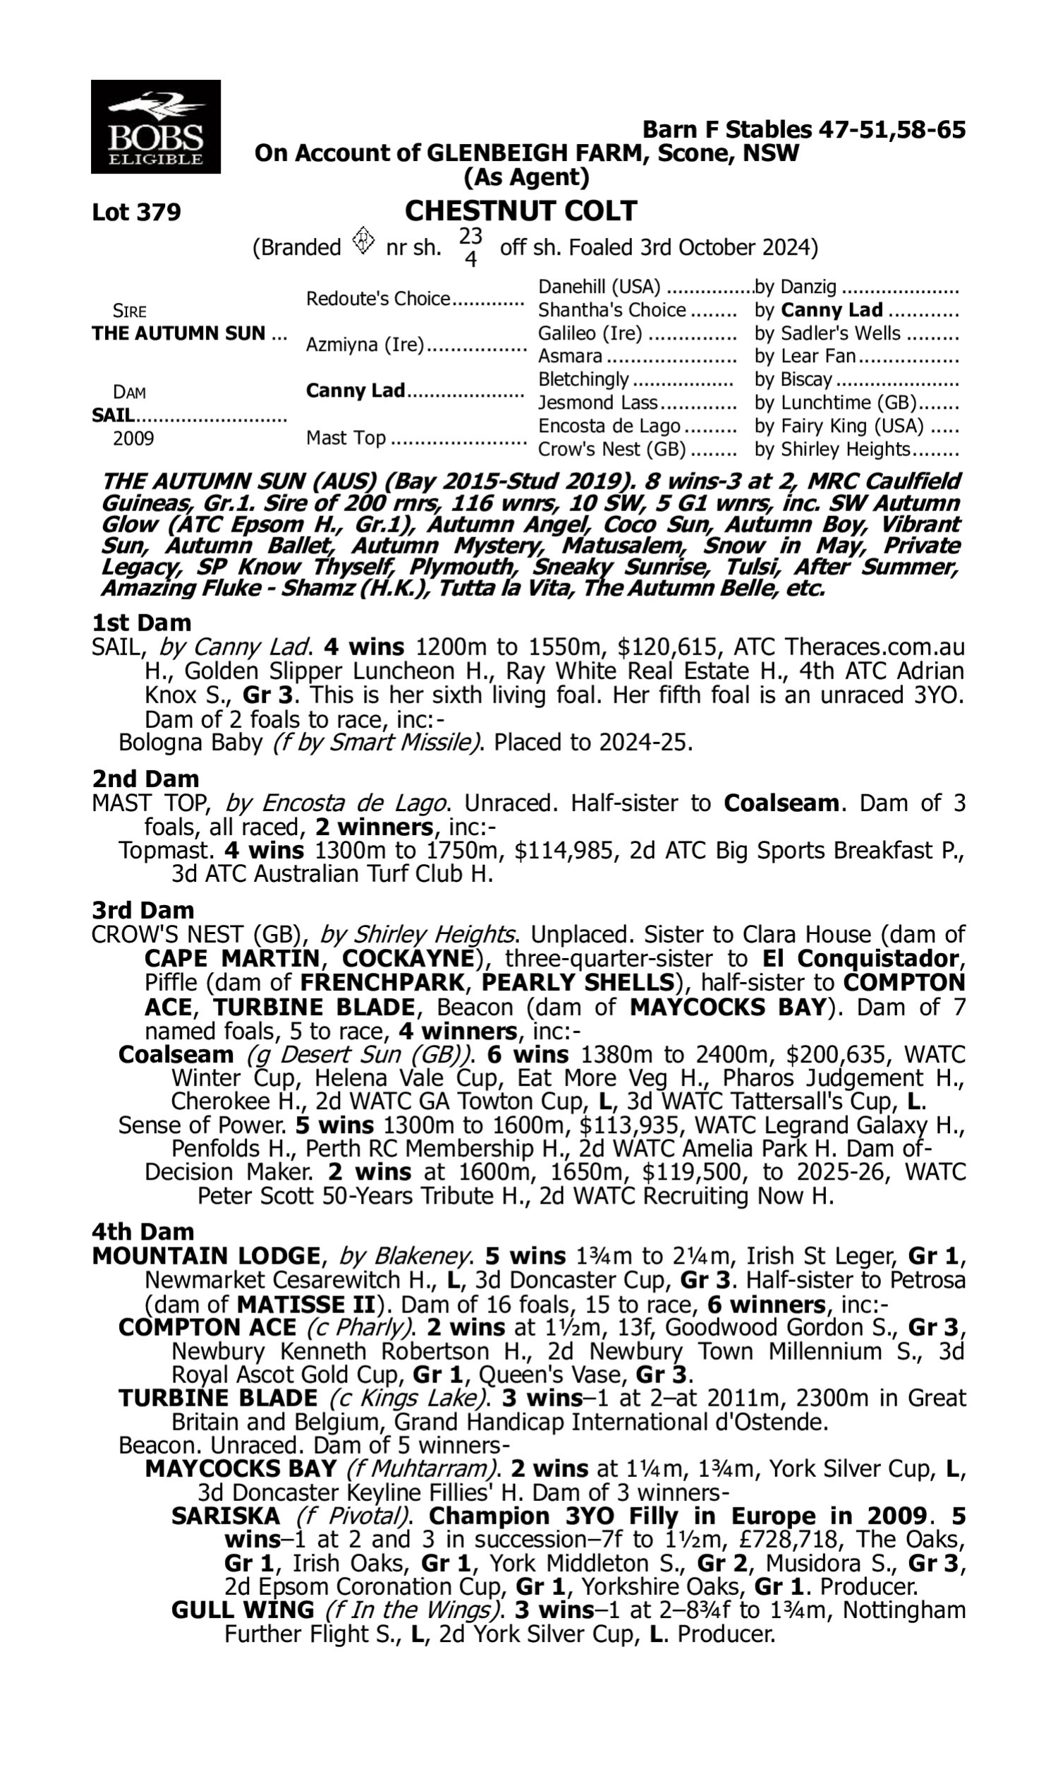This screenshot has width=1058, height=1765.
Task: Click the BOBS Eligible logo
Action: point(155,127)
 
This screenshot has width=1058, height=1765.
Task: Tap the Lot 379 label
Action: point(136,212)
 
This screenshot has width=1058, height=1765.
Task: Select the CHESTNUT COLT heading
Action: point(521,211)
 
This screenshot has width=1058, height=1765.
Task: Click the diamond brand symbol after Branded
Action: point(363,241)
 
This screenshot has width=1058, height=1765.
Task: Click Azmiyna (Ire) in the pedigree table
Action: point(365,345)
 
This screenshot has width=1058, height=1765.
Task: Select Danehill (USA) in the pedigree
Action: point(599,287)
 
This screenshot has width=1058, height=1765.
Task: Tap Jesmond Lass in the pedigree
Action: point(597,402)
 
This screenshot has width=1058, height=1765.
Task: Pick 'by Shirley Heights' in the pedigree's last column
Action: point(832,450)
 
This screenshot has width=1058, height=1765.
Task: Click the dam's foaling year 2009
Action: point(133,438)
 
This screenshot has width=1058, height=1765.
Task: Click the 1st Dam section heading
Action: point(141,623)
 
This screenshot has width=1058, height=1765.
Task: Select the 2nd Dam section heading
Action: point(145,778)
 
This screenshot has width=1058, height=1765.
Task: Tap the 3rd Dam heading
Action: point(142,910)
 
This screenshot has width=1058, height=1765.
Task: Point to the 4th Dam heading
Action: point(142,1231)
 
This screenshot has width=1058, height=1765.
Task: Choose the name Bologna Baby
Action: point(190,743)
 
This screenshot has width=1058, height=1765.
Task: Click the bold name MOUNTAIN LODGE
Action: point(206,1255)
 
